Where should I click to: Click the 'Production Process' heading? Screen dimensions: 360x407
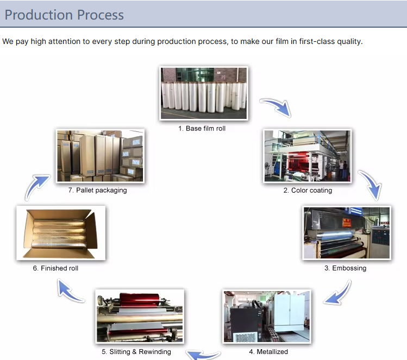64,15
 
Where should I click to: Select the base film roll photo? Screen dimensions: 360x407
204,93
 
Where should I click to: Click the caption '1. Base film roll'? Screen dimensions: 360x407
202,129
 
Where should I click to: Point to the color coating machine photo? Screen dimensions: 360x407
307,156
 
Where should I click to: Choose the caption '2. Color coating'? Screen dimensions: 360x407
308,191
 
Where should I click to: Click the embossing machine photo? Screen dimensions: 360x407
346,232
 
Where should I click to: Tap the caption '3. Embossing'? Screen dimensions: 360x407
346,268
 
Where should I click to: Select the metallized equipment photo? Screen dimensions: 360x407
267,317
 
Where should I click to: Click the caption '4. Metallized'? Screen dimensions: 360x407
265,352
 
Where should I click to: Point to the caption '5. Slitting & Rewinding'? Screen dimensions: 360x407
140,352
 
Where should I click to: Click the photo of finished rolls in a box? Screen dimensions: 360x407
60,232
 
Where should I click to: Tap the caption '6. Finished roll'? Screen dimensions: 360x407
55,268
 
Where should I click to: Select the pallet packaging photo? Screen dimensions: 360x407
101,156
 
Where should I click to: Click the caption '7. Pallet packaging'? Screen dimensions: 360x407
98,191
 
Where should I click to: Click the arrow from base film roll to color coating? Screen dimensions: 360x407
275,107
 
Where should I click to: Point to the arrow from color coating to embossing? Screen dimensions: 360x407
371,185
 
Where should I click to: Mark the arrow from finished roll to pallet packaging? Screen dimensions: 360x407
36,186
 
